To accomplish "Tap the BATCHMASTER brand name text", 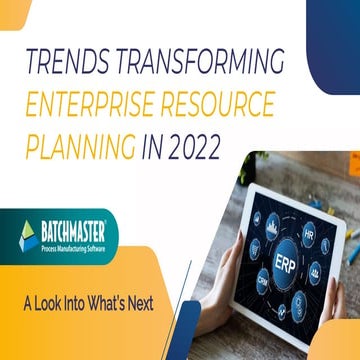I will tap(77, 229).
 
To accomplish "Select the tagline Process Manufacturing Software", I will tap(77, 244).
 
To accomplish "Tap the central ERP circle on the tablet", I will tap(284, 261).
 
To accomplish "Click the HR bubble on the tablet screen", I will tap(309, 233).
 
